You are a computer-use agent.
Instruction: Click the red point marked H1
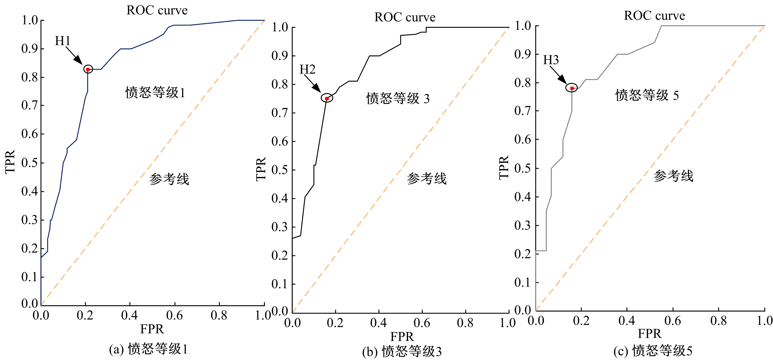click(x=88, y=69)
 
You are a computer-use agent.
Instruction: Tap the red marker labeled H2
click(x=327, y=98)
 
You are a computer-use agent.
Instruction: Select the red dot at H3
click(x=572, y=88)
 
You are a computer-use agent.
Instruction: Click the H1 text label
click(x=62, y=41)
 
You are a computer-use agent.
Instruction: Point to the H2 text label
click(x=308, y=70)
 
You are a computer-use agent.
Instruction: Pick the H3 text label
click(x=551, y=60)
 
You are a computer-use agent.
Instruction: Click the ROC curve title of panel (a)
click(x=157, y=11)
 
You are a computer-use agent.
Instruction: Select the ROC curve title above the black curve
click(x=405, y=17)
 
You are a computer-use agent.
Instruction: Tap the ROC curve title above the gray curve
click(x=654, y=16)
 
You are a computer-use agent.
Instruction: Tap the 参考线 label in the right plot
click(x=673, y=176)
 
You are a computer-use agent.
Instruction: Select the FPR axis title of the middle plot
click(x=402, y=337)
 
